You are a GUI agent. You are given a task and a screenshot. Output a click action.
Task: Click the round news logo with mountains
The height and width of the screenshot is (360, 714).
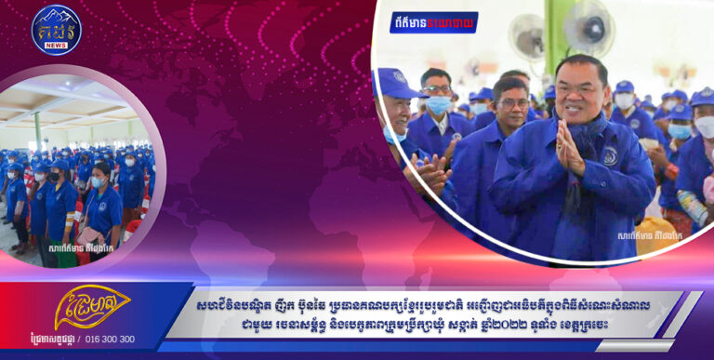pyautogui.click(x=56, y=30)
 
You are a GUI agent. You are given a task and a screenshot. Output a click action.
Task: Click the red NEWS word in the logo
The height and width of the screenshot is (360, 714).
pyautogui.click(x=56, y=44)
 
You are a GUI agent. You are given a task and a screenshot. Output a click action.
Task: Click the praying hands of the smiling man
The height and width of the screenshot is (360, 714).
pyautogui.click(x=568, y=150)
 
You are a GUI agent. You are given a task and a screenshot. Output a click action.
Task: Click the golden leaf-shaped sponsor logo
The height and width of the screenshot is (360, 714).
pyautogui.click(x=91, y=308)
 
